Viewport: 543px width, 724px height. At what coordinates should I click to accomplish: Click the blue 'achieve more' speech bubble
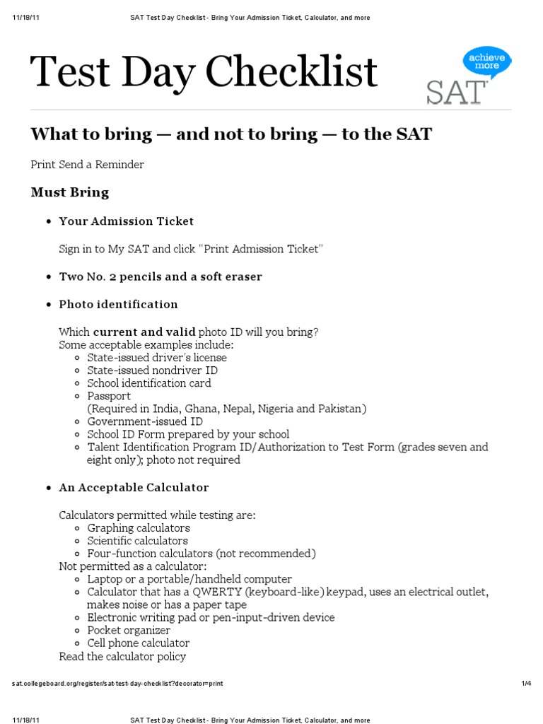[x=486, y=61]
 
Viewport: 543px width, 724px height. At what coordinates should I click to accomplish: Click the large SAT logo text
[x=456, y=93]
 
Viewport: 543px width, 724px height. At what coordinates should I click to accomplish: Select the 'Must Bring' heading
[x=69, y=192]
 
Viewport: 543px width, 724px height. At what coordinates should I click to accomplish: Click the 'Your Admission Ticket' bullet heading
[x=126, y=221]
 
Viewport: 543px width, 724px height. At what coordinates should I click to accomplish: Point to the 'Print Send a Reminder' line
[x=87, y=165]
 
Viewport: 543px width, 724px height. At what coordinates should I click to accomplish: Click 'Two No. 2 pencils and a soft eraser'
[x=160, y=276]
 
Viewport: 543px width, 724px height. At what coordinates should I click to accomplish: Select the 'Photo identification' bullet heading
[x=118, y=304]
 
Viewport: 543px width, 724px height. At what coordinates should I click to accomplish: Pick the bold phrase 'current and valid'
[x=144, y=332]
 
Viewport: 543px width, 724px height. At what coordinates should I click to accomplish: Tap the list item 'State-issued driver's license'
[x=157, y=358]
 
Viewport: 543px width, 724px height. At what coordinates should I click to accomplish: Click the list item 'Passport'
[x=109, y=396]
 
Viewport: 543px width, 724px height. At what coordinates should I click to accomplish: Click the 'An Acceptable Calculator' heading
[x=134, y=487]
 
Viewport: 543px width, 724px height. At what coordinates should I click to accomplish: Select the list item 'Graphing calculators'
[x=139, y=528]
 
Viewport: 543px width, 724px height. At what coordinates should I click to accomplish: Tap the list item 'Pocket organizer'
[x=129, y=630]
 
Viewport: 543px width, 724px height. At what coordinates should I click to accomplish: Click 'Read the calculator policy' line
[x=122, y=656]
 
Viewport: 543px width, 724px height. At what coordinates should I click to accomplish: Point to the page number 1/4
[x=525, y=684]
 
